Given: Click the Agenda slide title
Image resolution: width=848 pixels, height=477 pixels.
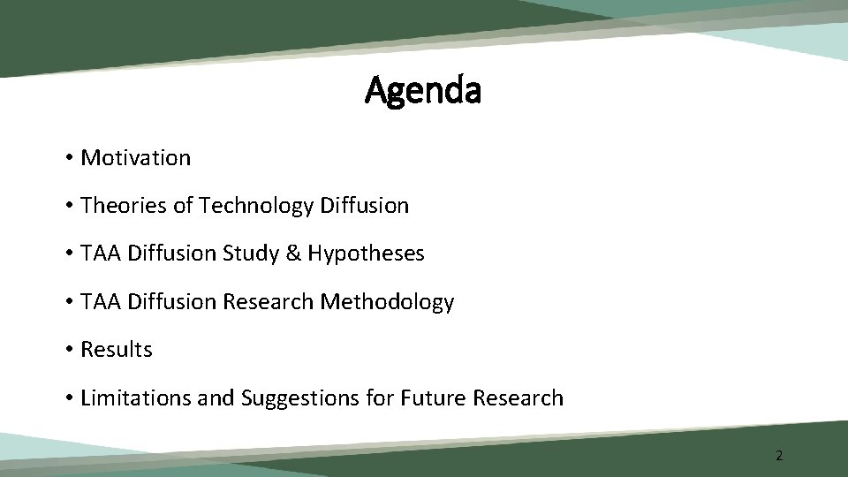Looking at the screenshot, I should point(423,90).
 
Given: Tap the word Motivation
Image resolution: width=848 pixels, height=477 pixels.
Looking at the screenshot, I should point(135,158).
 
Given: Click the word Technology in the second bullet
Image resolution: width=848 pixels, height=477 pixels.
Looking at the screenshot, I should point(256,206).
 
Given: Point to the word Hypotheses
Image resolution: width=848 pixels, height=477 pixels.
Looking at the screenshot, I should point(366,254).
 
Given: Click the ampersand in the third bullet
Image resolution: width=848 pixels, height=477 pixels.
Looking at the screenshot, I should point(293,254).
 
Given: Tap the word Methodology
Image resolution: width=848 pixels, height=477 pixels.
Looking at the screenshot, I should point(387,302).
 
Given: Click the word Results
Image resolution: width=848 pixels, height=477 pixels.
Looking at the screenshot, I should point(116,350).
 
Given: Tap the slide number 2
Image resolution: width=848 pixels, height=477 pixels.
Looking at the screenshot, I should point(779,456).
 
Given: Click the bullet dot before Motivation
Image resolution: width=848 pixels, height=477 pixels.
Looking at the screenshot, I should point(68,159).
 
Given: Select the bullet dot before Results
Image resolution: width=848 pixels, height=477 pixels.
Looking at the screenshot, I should point(68,351).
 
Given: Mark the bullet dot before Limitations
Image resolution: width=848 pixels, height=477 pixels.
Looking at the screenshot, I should point(68,399).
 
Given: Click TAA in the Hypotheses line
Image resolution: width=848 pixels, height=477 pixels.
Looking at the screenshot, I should point(101,254).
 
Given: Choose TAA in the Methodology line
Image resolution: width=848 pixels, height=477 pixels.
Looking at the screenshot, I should point(101,302).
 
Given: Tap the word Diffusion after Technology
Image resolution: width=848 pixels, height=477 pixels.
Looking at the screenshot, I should point(365,206).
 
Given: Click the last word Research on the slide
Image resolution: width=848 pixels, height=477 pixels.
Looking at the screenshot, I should point(518,398).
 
